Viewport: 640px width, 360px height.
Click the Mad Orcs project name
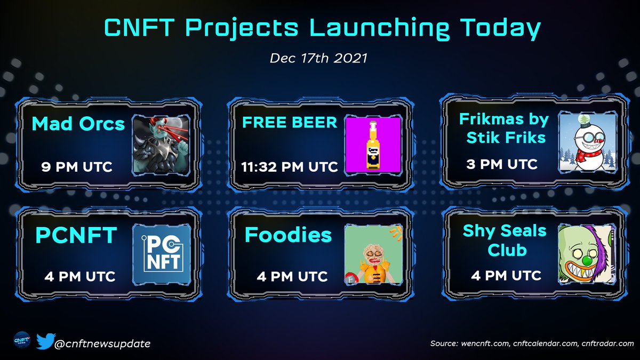point(78,124)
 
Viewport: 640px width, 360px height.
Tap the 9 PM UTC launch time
point(77,167)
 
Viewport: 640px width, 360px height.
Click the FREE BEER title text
point(290,123)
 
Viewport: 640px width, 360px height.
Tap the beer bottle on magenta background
point(372,145)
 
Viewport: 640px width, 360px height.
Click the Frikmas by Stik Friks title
point(503,127)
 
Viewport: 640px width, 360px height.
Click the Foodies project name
point(288,235)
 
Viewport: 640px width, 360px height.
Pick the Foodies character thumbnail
point(372,253)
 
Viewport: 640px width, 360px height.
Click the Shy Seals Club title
point(505,240)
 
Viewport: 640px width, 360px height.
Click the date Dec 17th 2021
point(319,58)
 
